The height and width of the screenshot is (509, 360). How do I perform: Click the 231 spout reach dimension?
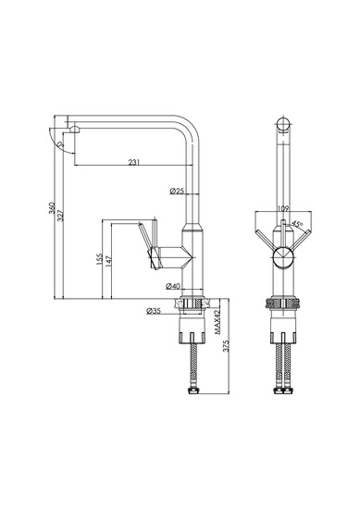(134, 162)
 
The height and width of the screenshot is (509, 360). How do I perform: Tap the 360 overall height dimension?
(52, 207)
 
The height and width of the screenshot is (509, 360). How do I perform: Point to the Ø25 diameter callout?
(178, 191)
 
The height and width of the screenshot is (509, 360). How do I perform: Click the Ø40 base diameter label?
(173, 286)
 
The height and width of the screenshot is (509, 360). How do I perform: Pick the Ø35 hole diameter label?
(154, 311)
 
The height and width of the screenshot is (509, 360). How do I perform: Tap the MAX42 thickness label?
(217, 321)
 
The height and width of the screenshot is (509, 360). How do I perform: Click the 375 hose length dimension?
(226, 346)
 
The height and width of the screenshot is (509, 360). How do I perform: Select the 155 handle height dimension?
(99, 259)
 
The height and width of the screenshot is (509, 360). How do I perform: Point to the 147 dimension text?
(108, 262)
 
